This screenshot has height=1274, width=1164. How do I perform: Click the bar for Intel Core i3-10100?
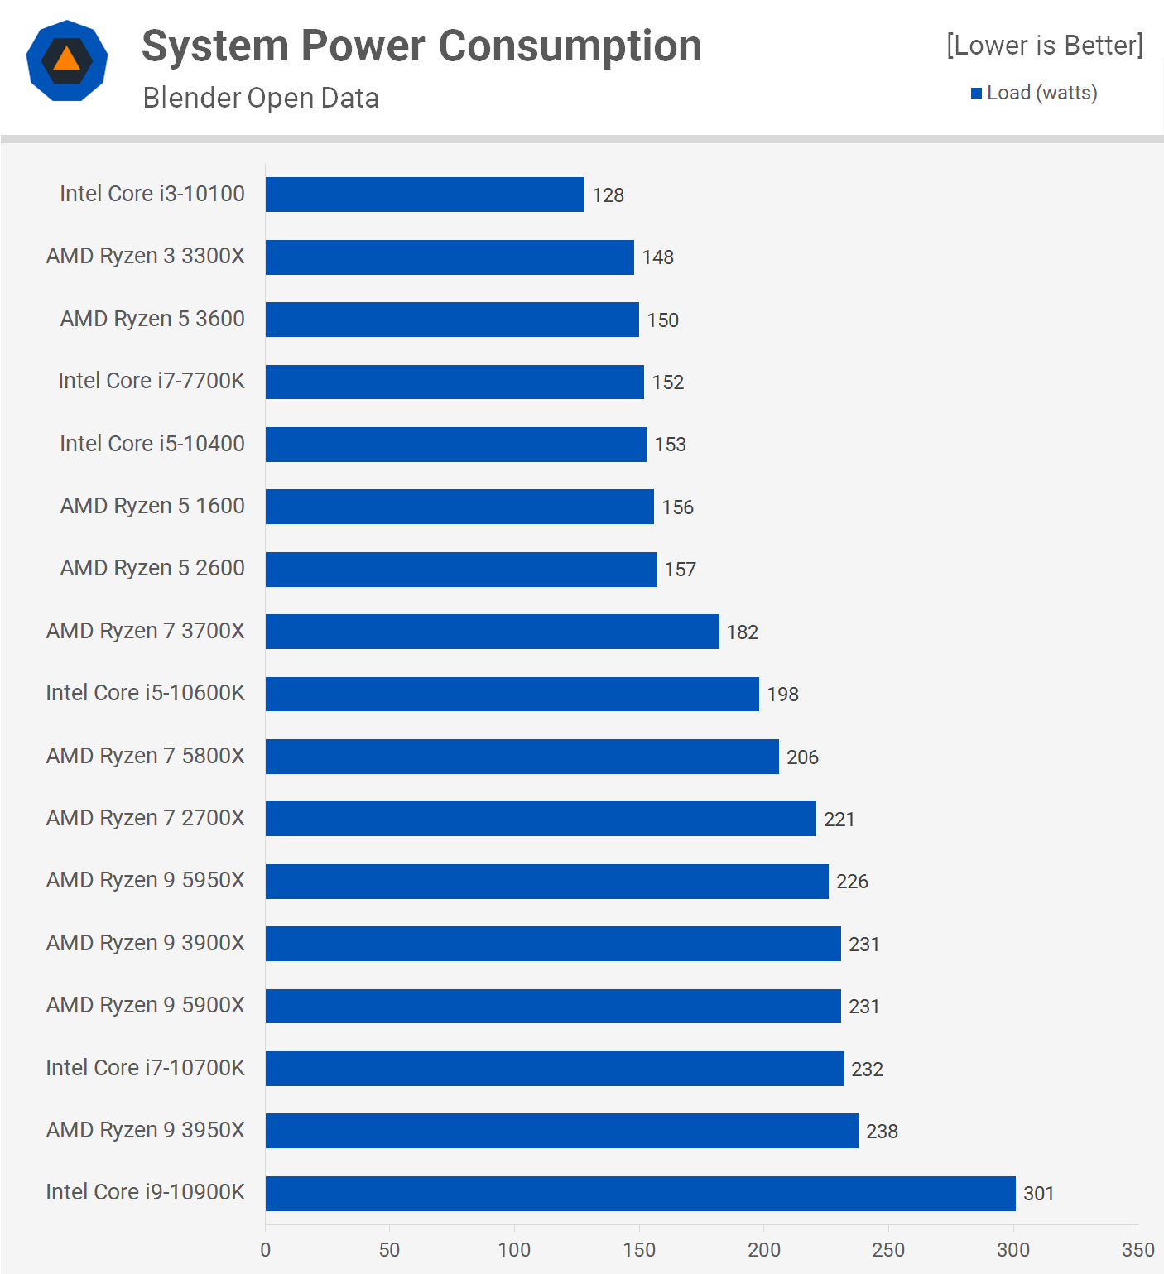[425, 195]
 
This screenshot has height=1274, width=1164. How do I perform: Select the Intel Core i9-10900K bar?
[640, 1193]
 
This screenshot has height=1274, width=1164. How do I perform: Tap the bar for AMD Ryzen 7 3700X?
[492, 632]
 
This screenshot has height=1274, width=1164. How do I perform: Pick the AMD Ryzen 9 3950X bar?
[561, 1131]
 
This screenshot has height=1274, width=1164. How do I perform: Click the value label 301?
[1038, 1194]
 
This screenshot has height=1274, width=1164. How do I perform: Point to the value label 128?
[608, 195]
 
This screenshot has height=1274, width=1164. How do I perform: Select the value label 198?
[782, 695]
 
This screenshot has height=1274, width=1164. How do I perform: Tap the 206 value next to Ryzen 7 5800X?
[802, 757]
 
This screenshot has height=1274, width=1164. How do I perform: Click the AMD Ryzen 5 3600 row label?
[152, 319]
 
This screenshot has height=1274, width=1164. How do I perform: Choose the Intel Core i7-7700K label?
[152, 381]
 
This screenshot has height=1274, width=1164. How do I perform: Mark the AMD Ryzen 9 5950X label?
[146, 880]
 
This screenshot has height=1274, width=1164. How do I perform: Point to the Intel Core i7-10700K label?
[145, 1068]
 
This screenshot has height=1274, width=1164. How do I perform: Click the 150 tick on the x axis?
[639, 1250]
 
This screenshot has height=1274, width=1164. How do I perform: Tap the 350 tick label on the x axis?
[1138, 1250]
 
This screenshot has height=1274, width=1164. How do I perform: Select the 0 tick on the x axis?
[265, 1250]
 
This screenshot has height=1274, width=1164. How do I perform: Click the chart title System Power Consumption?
[421, 46]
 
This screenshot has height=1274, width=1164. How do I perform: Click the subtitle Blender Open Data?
[261, 98]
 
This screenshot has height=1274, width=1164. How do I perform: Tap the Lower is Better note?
[1044, 45]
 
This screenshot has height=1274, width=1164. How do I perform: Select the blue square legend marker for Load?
[977, 94]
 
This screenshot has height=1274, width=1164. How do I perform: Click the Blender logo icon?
[67, 60]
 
